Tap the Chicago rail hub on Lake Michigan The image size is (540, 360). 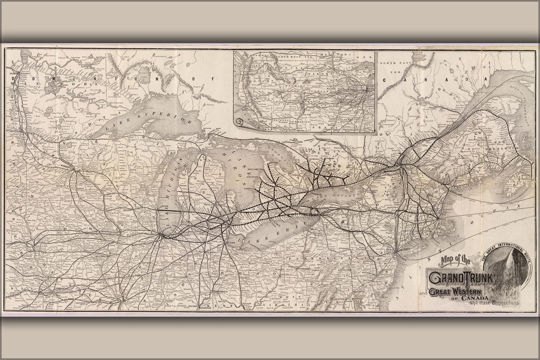pyautogui.click(x=161, y=234)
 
